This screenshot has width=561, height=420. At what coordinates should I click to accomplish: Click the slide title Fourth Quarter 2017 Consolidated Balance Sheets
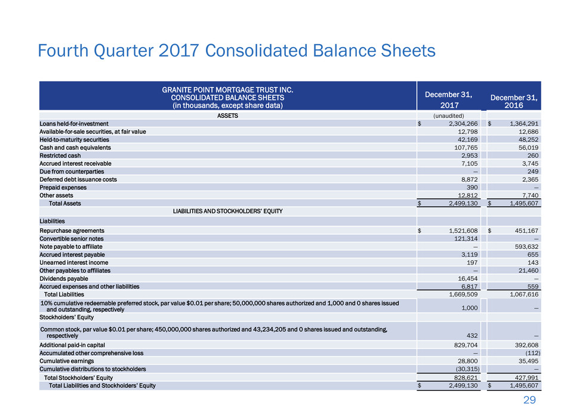[236, 52]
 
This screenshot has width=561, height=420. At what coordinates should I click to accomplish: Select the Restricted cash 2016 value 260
[534, 155]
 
